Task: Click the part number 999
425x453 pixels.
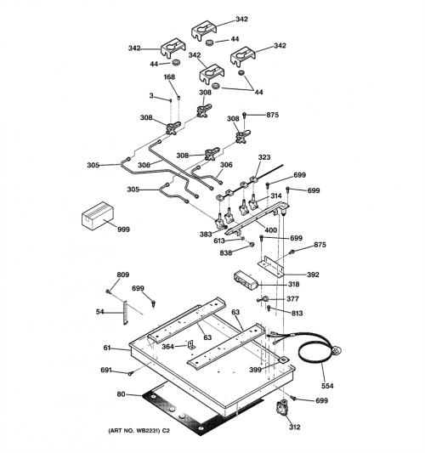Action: point(123,229)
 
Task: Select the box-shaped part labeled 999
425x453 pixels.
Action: point(98,216)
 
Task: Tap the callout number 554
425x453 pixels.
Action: point(327,386)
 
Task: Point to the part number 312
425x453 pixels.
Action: point(294,427)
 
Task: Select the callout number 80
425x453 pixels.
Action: point(121,394)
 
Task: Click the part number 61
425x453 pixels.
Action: point(107,348)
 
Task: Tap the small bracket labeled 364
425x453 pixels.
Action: point(191,344)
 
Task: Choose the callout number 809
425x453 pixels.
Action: point(122,275)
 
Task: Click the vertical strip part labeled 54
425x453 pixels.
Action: point(126,313)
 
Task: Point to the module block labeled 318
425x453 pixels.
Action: point(246,280)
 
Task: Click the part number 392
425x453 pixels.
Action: point(313,275)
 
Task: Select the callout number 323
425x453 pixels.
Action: point(264,157)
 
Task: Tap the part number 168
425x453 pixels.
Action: point(169,76)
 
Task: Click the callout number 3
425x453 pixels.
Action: point(151,96)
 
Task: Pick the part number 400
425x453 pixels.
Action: point(270,230)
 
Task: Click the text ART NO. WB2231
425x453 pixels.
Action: point(134,431)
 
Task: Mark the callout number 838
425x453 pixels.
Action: point(225,252)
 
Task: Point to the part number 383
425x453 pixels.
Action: point(206,234)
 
